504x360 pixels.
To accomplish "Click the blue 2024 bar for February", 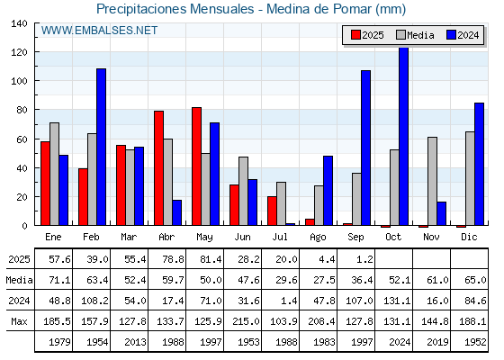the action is coord(101,147).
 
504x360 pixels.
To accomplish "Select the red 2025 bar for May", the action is coord(197,166).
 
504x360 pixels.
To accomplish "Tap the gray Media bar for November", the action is coord(432,181).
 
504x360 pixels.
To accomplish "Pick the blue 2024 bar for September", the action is coord(365,148).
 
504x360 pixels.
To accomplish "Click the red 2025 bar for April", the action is coord(158,168).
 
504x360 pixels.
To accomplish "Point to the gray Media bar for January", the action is coord(54,174).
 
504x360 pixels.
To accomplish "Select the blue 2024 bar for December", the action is coord(479,164).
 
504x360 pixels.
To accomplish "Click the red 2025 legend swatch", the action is coord(355,35).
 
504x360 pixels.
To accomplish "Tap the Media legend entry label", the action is coord(420,35).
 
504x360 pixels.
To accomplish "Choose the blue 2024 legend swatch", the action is coord(451,35).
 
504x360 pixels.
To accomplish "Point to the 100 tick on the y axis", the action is coord(19,81).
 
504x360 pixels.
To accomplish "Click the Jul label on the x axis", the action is coord(280,238).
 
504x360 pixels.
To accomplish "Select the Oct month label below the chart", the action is coord(393,238).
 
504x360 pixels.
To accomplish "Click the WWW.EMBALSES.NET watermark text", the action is coord(99,31).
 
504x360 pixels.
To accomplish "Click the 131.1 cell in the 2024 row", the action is coord(397,301).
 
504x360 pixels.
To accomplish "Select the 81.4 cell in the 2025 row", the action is coord(211,259).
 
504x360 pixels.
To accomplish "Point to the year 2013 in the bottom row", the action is coord(135,342).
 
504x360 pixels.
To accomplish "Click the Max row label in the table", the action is coord(19,321).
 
